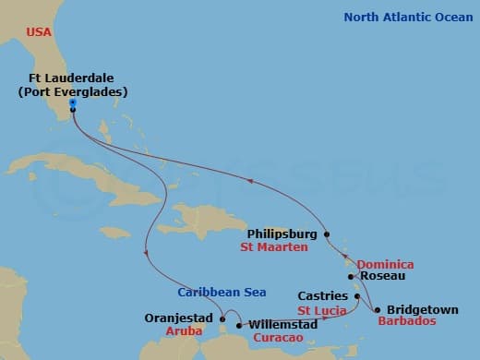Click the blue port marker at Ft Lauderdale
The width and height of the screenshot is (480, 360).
(x=71, y=103)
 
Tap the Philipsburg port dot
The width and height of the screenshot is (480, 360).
(x=327, y=234)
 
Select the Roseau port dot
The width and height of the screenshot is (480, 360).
(x=351, y=276)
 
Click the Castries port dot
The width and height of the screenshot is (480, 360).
(x=357, y=296)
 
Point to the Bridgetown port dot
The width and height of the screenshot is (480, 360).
(x=377, y=309)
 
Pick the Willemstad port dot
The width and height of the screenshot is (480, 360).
(x=239, y=325)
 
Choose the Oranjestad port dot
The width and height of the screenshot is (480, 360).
(x=222, y=319)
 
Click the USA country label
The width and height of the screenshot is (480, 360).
(x=40, y=32)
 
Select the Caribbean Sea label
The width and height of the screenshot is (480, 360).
(x=222, y=292)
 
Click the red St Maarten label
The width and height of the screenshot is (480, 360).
(x=274, y=247)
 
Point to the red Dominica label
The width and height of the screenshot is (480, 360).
(x=385, y=264)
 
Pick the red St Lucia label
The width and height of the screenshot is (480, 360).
(x=322, y=310)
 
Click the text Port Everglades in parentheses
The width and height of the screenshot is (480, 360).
(x=72, y=92)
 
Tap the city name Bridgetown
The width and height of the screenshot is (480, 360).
(x=422, y=310)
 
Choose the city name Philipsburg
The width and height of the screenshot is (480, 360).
(x=282, y=234)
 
